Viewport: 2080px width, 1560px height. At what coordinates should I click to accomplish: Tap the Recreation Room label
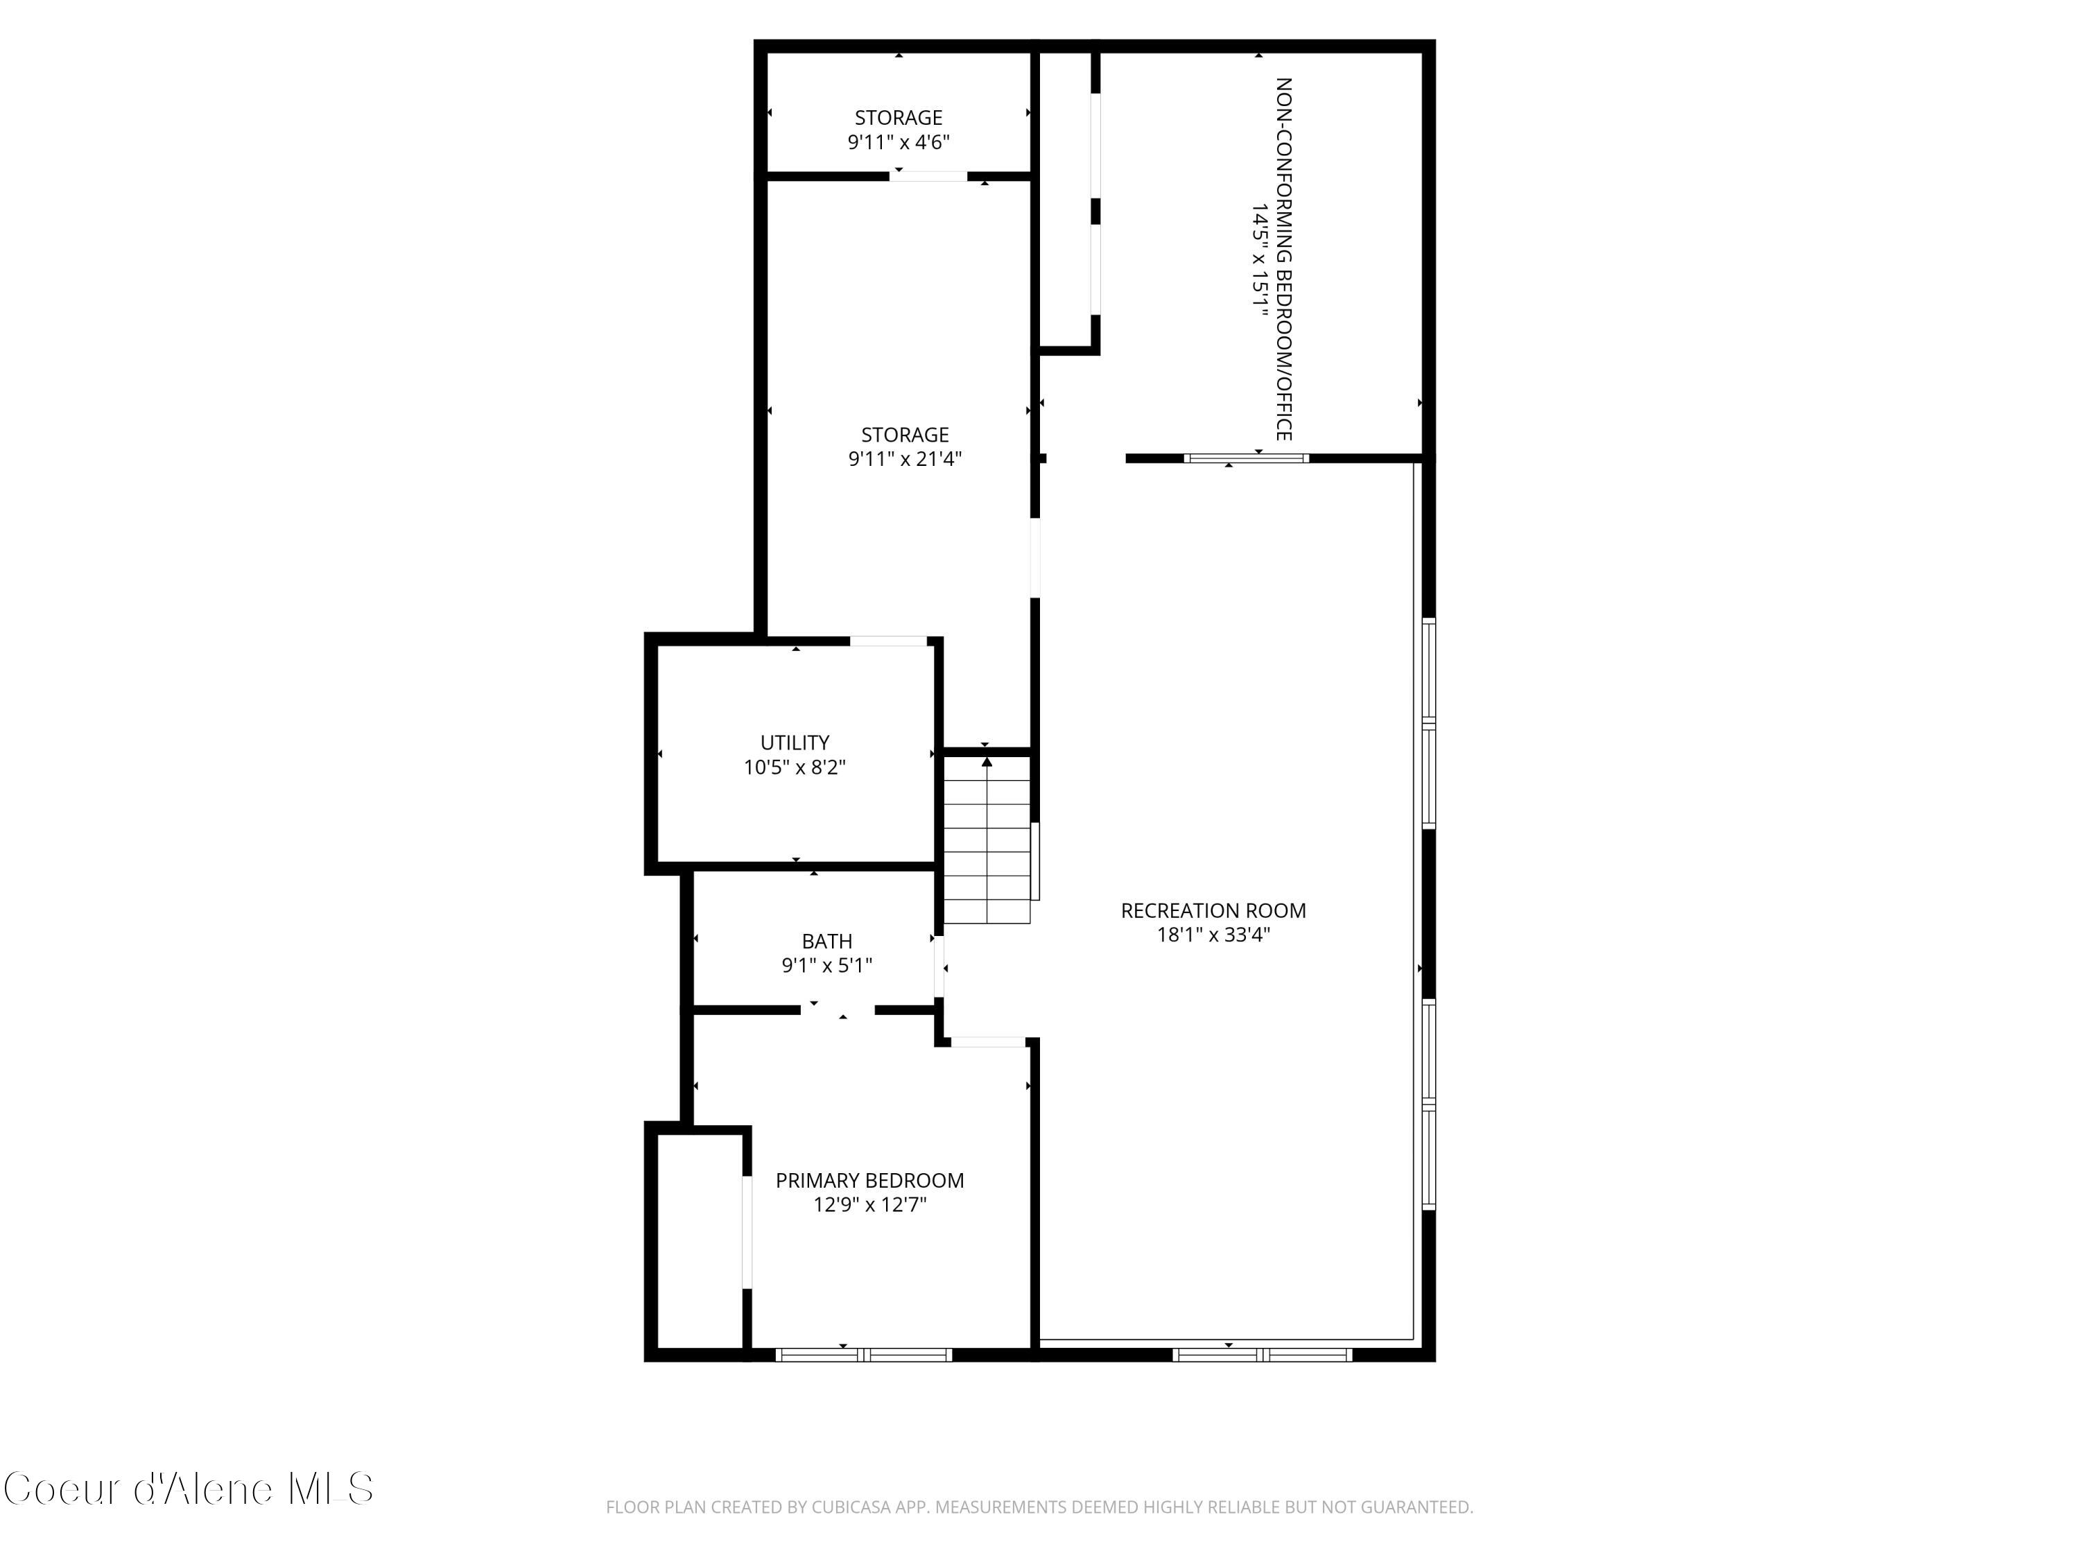[x=1213, y=910]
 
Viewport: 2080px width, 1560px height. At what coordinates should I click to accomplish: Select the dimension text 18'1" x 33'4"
[x=1213, y=935]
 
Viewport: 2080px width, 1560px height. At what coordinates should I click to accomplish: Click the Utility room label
[x=795, y=742]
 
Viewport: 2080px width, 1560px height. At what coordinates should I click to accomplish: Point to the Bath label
[x=826, y=940]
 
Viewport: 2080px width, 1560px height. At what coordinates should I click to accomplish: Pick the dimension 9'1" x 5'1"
[x=826, y=965]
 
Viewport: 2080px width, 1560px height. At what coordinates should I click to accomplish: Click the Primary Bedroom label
[x=869, y=1180]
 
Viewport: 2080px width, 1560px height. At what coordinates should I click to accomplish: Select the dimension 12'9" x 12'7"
[x=869, y=1204]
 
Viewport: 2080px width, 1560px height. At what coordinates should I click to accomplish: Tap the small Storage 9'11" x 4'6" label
[x=898, y=118]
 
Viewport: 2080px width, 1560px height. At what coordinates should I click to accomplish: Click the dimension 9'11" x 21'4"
[x=905, y=459]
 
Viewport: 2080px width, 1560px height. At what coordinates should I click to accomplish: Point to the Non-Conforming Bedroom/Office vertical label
[x=1283, y=259]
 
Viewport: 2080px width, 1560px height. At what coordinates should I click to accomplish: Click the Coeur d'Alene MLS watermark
[x=188, y=1489]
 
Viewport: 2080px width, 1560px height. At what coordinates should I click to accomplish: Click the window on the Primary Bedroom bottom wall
[x=863, y=1355]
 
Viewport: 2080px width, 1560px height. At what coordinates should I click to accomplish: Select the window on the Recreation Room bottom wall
[x=1262, y=1355]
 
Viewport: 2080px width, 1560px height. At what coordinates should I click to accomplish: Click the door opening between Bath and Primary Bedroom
[x=838, y=1010]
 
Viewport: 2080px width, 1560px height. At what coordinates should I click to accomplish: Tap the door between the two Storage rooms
[x=928, y=176]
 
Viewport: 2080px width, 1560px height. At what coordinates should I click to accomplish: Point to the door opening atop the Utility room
[x=889, y=641]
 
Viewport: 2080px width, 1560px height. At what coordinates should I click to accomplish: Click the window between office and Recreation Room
[x=1245, y=459]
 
